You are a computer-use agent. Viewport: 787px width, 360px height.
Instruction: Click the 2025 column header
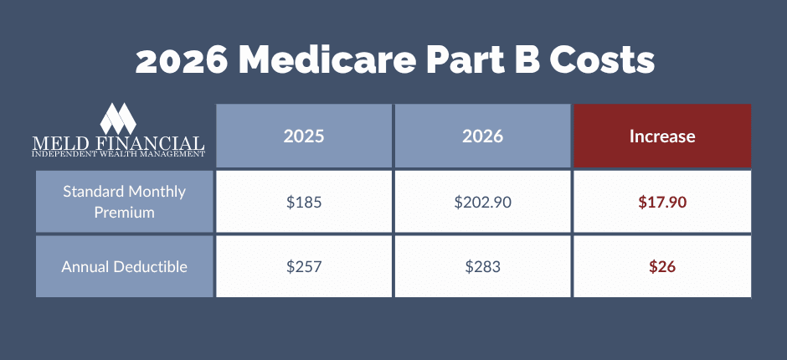[x=304, y=136]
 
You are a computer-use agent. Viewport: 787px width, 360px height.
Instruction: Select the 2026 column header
[x=482, y=136]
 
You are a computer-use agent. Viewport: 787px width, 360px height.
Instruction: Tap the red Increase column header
[x=661, y=136]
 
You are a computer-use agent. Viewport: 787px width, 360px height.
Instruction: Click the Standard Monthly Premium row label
[x=125, y=202]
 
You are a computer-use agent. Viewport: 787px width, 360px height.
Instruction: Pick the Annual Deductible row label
[x=125, y=267]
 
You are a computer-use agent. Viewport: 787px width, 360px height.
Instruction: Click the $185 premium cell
[x=304, y=202]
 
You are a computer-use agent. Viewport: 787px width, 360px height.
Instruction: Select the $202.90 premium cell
[x=482, y=202]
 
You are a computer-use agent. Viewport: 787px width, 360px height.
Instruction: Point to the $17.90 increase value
[x=661, y=202]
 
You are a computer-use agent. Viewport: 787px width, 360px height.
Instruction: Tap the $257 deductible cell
[x=304, y=267]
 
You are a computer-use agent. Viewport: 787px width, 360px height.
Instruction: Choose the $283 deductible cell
[x=482, y=267]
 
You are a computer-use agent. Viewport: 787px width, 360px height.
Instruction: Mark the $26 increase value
[x=661, y=267]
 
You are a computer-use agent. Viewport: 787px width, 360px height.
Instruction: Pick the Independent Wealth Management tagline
[x=117, y=155]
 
